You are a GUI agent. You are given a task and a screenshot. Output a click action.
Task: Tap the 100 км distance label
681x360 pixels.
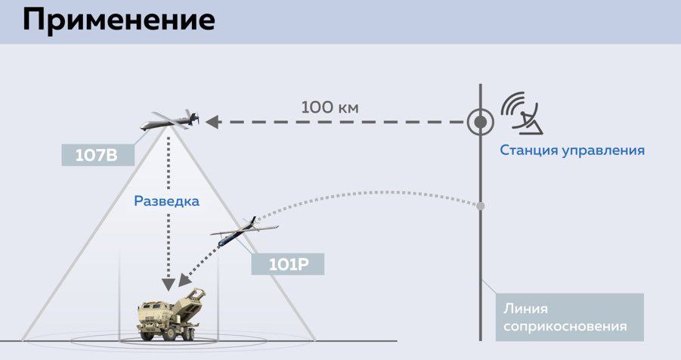[330, 107]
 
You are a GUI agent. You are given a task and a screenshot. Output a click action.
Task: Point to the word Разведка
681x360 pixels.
[166, 201]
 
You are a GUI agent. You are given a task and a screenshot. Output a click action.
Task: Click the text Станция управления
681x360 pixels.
[571, 150]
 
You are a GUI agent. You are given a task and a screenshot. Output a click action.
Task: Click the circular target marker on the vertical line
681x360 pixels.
[478, 121]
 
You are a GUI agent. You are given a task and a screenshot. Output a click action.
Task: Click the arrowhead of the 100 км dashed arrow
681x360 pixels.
[212, 121]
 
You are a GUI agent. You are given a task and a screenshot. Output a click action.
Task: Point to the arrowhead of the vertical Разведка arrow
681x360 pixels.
[167, 284]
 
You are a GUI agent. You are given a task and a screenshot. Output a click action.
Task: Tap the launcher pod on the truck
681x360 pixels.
[195, 296]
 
